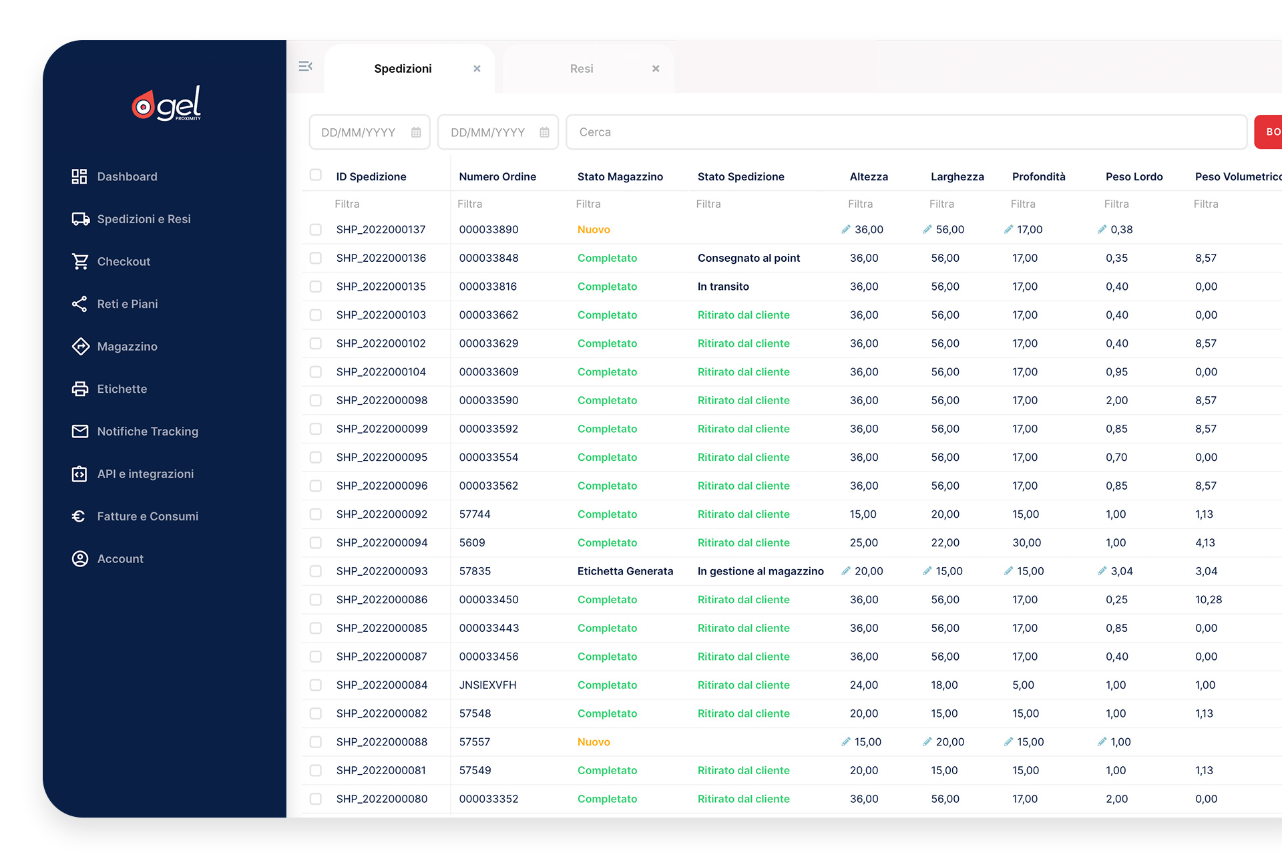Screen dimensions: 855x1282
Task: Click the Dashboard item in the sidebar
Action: click(x=126, y=176)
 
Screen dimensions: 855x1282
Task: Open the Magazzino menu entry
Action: click(x=126, y=346)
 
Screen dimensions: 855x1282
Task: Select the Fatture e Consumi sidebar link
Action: click(x=147, y=516)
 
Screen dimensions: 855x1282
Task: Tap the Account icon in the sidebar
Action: click(x=80, y=558)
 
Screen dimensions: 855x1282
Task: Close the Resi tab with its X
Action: click(x=656, y=68)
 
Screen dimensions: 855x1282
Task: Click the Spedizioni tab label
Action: click(x=403, y=68)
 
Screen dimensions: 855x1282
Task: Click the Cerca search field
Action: click(x=906, y=132)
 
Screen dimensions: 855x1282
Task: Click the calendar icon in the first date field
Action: click(x=416, y=132)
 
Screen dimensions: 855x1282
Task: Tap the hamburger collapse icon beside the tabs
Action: click(x=306, y=66)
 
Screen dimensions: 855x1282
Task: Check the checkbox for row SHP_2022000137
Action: click(x=316, y=229)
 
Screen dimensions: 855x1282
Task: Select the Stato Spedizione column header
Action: click(x=740, y=176)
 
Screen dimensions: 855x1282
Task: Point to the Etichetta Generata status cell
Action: click(x=625, y=571)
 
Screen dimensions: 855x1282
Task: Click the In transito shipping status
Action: click(x=723, y=286)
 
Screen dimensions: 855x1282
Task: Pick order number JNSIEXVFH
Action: click(x=487, y=685)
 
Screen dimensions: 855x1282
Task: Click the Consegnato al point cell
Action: click(x=749, y=258)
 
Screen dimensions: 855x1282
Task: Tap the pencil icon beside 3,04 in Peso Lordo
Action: click(x=1102, y=570)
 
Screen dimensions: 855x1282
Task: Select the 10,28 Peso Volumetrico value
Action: click(x=1208, y=599)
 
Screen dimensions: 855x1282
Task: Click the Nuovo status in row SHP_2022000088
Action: click(x=594, y=741)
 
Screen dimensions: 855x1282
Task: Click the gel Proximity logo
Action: click(x=166, y=104)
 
